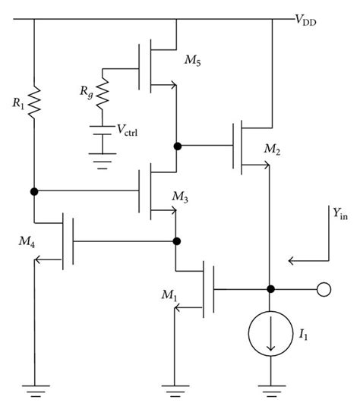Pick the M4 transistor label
[26, 241]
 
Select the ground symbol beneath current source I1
[271, 391]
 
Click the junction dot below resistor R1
[35, 190]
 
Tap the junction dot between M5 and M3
[175, 143]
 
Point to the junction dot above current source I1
[271, 290]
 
